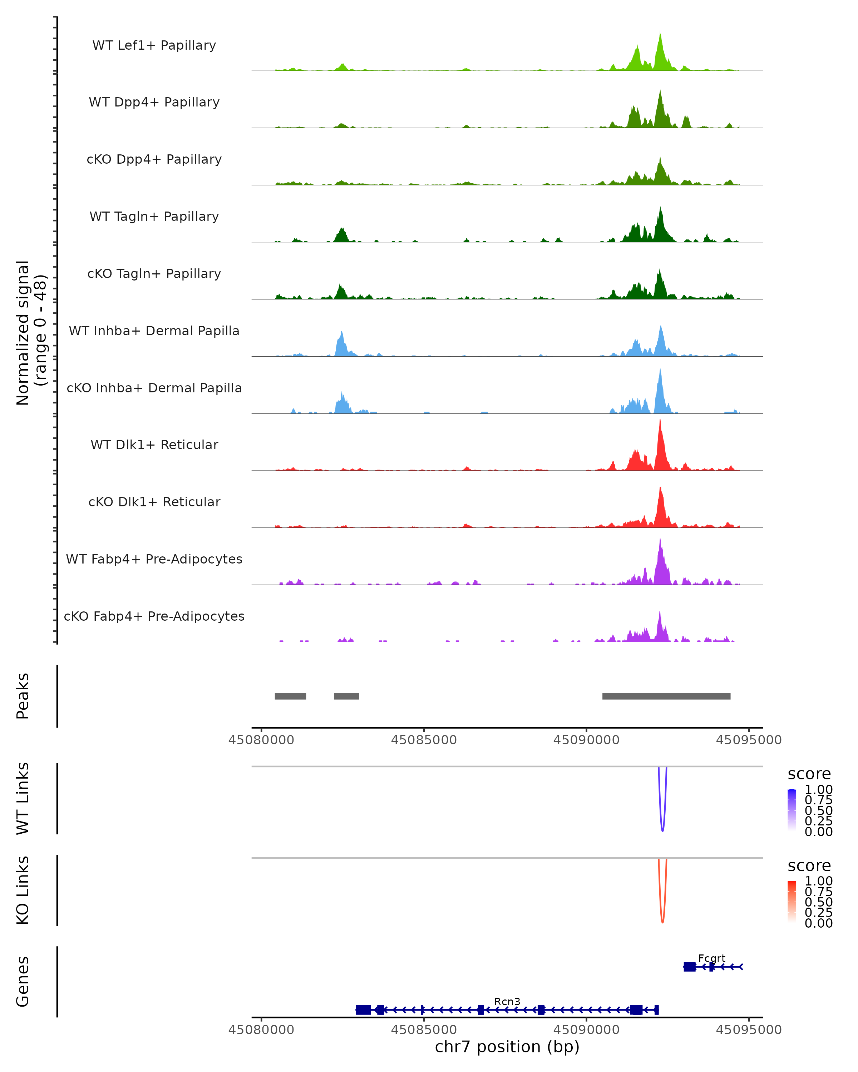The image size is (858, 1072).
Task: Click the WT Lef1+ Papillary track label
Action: (x=154, y=45)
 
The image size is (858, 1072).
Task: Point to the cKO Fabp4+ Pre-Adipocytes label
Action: (x=154, y=616)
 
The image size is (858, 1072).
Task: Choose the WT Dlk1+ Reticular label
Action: (x=154, y=445)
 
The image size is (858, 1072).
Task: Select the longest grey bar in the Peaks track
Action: (x=666, y=696)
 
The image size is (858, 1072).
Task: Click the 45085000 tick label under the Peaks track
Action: (x=423, y=740)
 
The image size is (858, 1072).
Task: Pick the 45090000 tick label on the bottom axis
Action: (x=586, y=1030)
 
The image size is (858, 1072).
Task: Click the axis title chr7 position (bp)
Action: (x=507, y=1047)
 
